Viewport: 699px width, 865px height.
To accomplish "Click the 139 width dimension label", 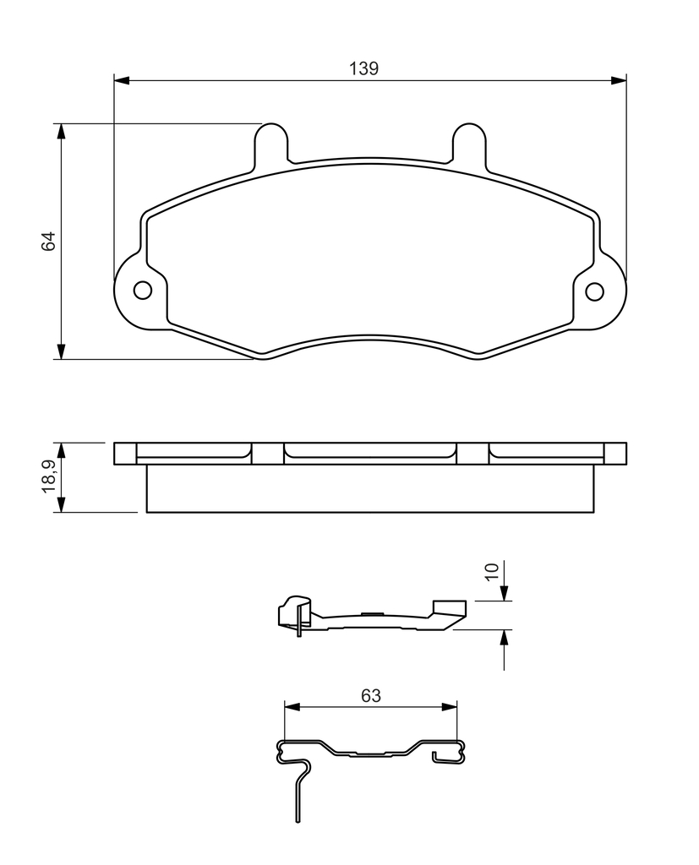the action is click(363, 69).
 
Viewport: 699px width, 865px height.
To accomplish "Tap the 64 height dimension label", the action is click(48, 242).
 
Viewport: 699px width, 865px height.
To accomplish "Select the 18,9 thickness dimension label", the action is click(48, 476).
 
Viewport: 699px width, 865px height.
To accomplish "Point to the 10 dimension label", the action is click(491, 572).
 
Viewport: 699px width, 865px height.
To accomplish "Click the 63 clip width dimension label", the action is click(371, 696).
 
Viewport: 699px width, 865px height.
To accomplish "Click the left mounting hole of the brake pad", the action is click(143, 291).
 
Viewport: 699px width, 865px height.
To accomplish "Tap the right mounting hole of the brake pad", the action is click(595, 291).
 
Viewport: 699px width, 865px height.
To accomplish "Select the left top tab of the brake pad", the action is click(271, 142).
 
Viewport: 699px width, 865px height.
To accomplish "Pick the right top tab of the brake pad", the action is click(469, 142).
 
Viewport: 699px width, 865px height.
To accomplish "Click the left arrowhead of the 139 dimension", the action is click(122, 81).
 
